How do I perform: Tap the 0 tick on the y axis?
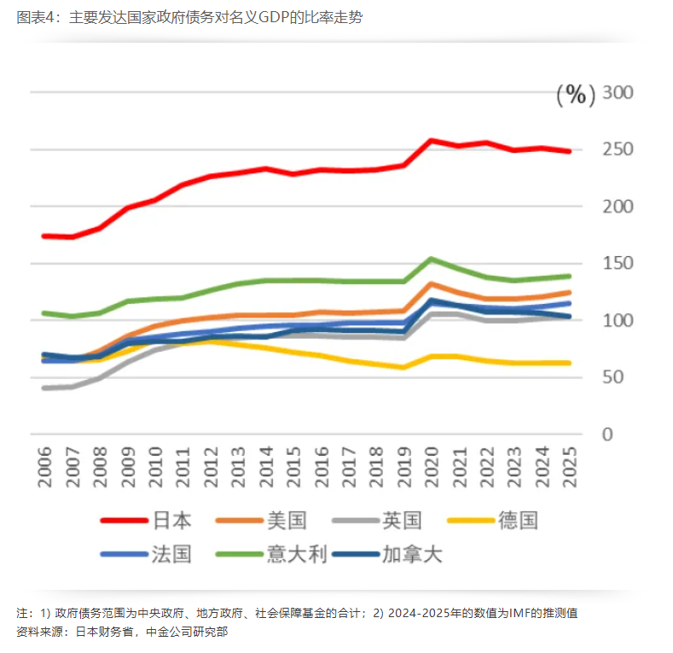[x=607, y=434]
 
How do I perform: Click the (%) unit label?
[x=576, y=95]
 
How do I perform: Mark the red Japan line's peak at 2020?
[x=431, y=140]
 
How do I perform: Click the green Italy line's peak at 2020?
[x=431, y=259]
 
